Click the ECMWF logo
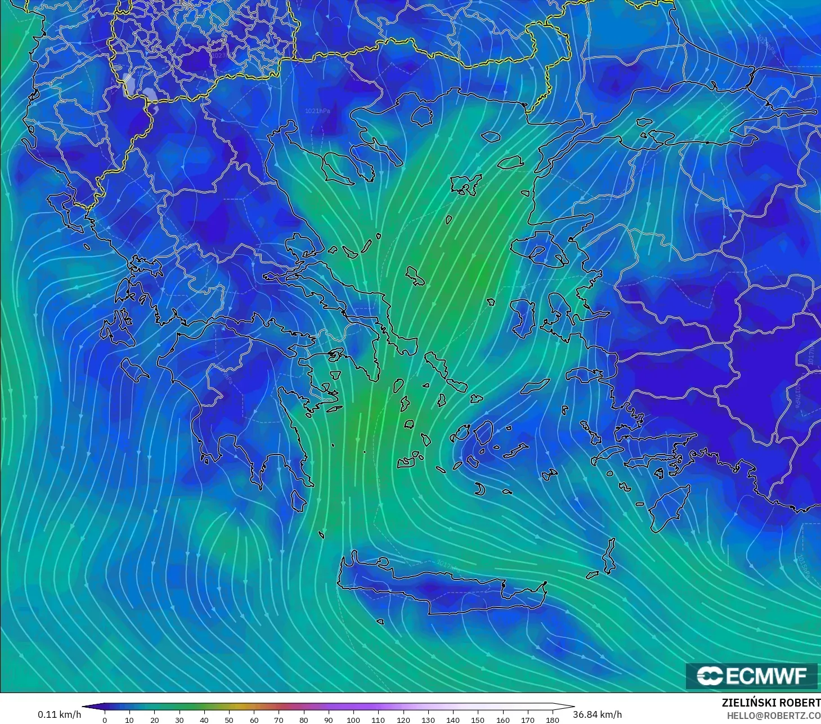(x=751, y=676)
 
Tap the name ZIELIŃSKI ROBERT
(x=771, y=703)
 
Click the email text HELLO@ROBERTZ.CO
(x=771, y=714)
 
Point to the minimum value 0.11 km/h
(x=59, y=714)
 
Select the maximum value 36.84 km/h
(x=598, y=714)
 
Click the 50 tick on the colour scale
(x=229, y=719)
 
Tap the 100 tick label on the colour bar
(x=353, y=719)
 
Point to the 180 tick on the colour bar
(x=553, y=719)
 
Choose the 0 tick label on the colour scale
(x=105, y=719)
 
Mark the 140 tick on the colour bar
(x=453, y=719)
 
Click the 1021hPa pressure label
(x=317, y=111)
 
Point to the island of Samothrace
(x=491, y=136)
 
